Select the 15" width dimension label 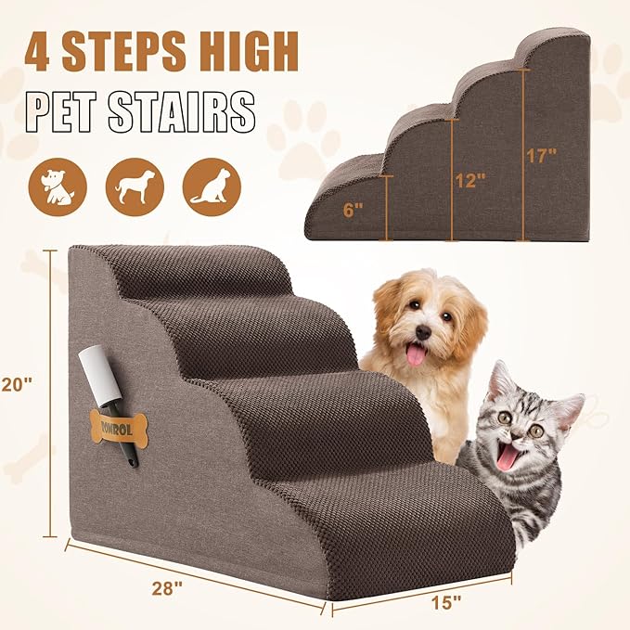click(x=446, y=601)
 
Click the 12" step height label click(x=471, y=180)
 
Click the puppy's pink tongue click(x=418, y=354)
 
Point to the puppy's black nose click(x=422, y=331)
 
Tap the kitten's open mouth click(x=508, y=456)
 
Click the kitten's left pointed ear click(x=500, y=380)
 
